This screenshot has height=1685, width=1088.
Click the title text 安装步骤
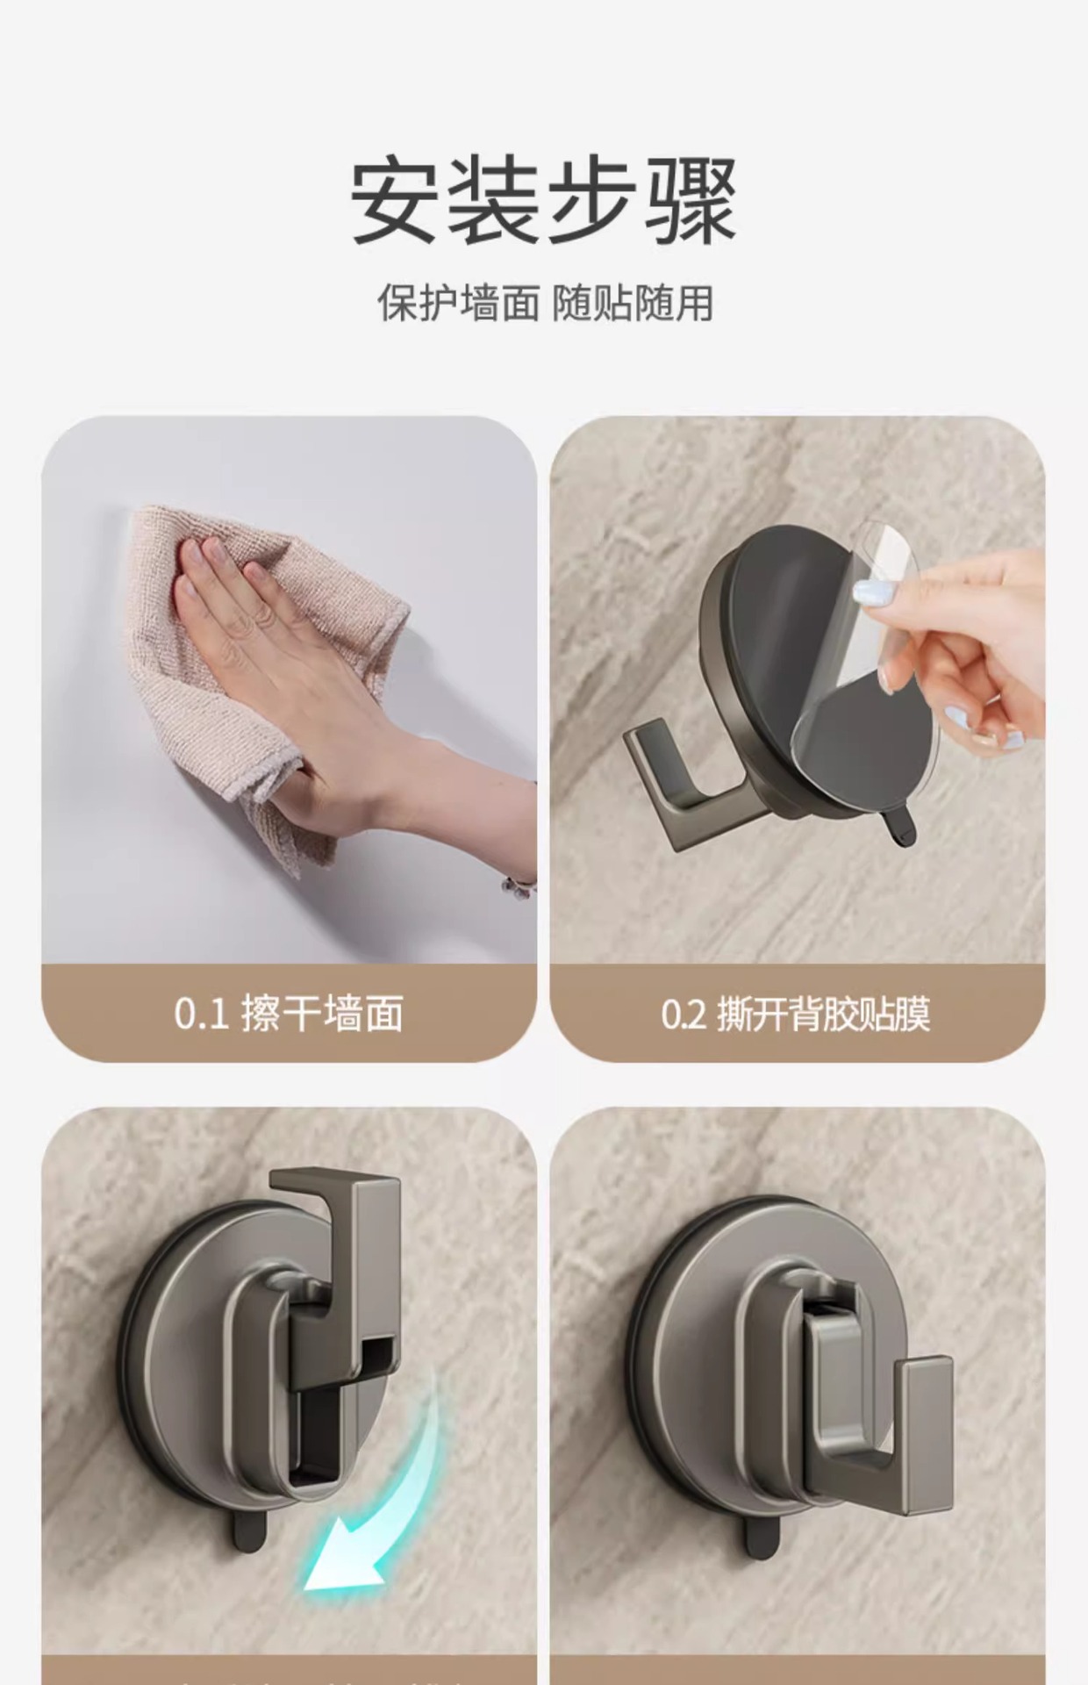544,200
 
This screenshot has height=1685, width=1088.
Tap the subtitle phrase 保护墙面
458,304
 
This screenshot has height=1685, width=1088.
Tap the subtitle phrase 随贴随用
633,304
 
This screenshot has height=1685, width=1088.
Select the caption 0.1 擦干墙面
289,1015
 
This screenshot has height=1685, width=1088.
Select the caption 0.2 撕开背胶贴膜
796,1015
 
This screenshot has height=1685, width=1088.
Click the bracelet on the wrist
519,885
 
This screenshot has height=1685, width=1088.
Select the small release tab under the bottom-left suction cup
248,1527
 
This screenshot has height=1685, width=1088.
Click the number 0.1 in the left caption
201,1015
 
